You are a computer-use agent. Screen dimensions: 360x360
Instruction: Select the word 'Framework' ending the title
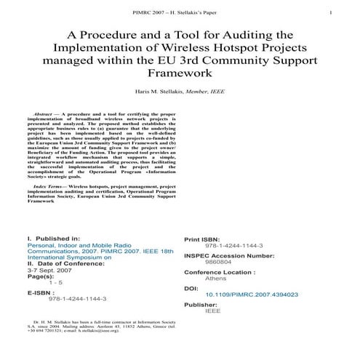tap(180, 73)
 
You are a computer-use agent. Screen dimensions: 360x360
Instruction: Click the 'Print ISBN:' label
tap(207, 239)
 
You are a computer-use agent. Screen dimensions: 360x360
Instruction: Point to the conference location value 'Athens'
tap(216, 279)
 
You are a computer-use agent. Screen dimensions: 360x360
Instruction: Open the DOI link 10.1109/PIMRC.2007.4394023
tap(252, 295)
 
